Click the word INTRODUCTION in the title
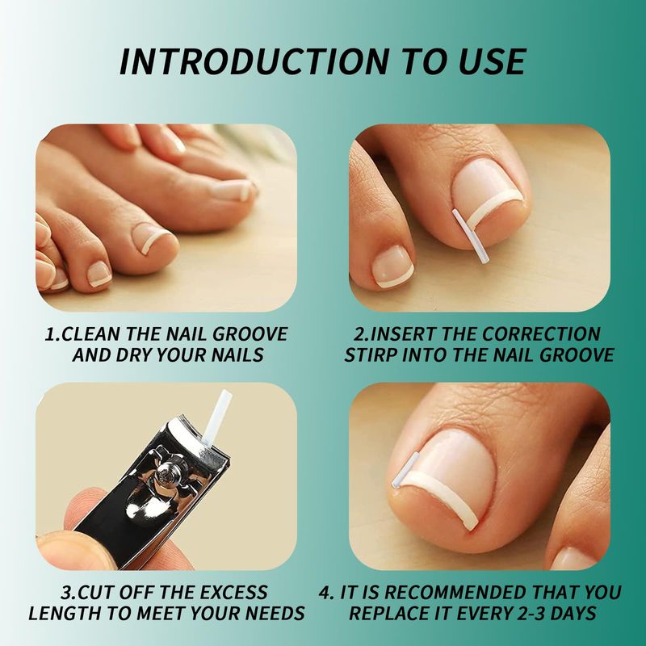tap(254, 61)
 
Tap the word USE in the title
tap(489, 61)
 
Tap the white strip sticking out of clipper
tap(216, 417)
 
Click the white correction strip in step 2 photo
tap(471, 236)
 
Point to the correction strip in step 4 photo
tap(405, 471)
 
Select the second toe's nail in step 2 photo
tap(392, 266)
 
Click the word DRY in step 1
tap(132, 354)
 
